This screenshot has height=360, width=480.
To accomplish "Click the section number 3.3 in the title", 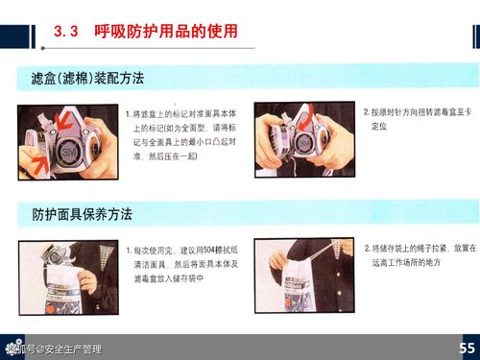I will (x=64, y=32).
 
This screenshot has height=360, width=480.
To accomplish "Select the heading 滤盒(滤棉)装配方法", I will (x=87, y=76).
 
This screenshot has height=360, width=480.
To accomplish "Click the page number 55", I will (x=467, y=348).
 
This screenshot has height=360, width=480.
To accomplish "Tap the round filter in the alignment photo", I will (x=70, y=140).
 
